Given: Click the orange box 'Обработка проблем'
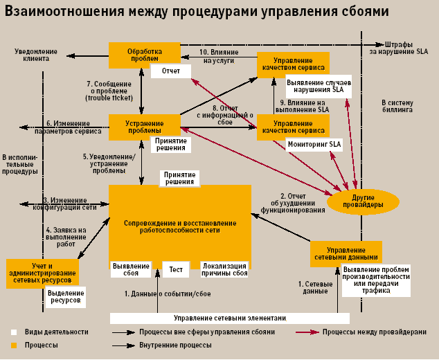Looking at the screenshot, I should click(144, 55).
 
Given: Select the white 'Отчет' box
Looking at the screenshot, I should click(171, 71).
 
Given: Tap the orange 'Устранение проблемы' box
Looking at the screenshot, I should click(144, 127).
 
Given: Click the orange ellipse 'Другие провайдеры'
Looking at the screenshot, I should click(363, 201).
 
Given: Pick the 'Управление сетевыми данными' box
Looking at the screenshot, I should click(346, 253).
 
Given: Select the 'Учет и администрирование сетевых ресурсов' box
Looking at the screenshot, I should click(42, 273).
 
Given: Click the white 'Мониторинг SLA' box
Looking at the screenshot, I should click(315, 144).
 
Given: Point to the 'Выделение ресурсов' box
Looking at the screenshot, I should click(66, 297).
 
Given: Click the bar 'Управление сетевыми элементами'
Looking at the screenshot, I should click(229, 318).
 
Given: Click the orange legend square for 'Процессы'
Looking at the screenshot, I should click(13, 345).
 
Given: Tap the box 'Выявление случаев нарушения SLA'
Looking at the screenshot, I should click(319, 86).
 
